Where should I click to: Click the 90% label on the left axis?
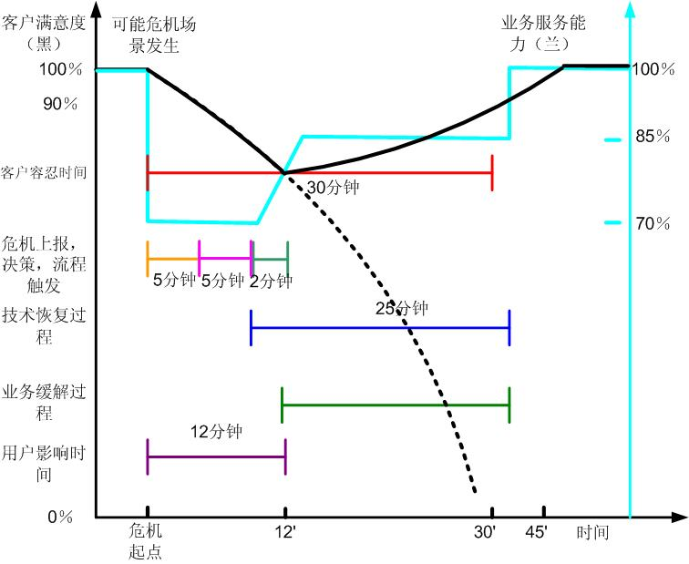coord(60,104)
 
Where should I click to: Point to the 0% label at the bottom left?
coord(60,517)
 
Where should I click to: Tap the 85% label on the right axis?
coord(653,137)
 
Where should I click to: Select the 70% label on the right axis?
coord(653,222)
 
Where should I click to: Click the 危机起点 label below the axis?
coord(147,541)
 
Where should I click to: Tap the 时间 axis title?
coord(591,532)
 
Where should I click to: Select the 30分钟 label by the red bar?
coord(333,187)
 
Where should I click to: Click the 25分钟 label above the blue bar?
coord(401,308)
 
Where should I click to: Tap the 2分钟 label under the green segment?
coord(271,282)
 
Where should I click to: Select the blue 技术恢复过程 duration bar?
coord(379,327)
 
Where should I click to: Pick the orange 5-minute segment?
coord(172,259)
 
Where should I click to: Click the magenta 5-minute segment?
coord(225,259)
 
